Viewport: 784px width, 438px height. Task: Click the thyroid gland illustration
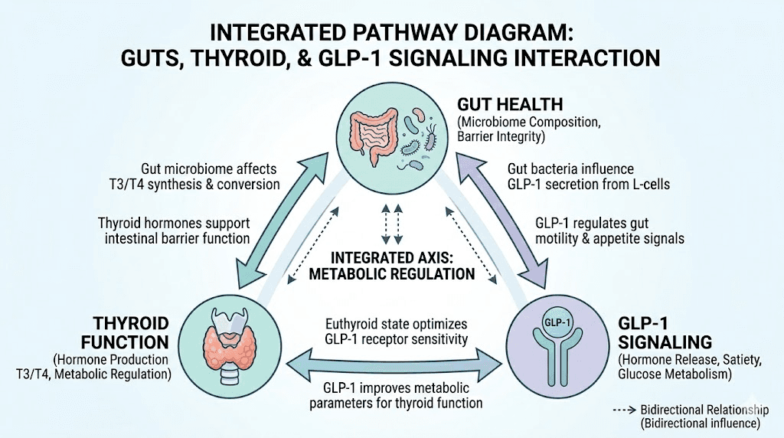point(230,344)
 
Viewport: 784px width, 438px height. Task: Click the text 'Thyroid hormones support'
point(175,222)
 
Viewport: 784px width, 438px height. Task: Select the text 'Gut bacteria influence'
point(571,168)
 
